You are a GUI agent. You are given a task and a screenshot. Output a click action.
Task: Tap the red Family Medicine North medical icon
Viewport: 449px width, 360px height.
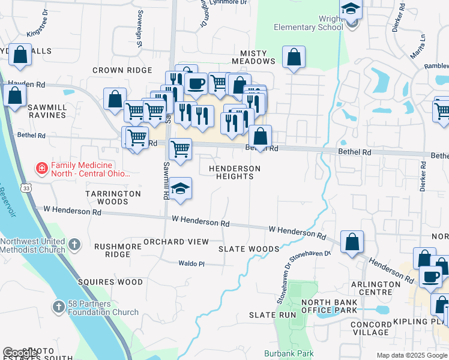(x=41, y=169)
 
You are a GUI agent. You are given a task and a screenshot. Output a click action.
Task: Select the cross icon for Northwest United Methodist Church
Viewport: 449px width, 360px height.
(x=74, y=244)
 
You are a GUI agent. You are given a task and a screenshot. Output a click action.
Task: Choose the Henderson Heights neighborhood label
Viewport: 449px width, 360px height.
(x=235, y=173)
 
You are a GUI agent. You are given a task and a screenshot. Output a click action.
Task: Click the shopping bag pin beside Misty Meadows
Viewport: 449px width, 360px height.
(x=294, y=58)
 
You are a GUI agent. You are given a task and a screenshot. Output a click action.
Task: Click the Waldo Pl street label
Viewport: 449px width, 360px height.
(x=192, y=263)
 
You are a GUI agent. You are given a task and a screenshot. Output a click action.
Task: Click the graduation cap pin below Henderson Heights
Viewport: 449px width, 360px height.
(x=180, y=190)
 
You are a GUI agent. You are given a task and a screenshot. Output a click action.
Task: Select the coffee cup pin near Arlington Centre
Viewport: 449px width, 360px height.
(x=430, y=277)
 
